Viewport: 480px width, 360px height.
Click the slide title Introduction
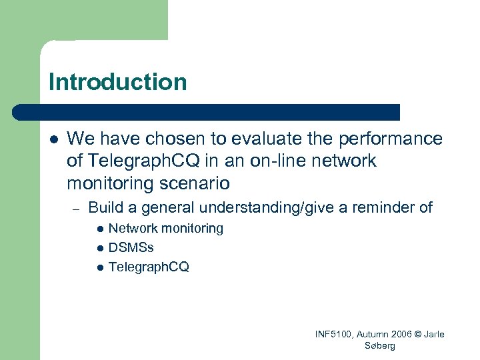pyautogui.click(x=118, y=82)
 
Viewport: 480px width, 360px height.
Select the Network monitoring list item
pyautogui.click(x=165, y=229)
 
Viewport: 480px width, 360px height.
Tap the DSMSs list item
pyautogui.click(x=131, y=247)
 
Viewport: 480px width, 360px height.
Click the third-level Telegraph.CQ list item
pyautogui.click(x=149, y=267)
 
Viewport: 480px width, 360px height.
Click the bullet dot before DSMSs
pyautogui.click(x=100, y=248)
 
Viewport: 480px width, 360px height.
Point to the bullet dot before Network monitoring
pyautogui.click(x=100, y=229)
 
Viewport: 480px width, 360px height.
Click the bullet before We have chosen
pyautogui.click(x=53, y=139)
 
